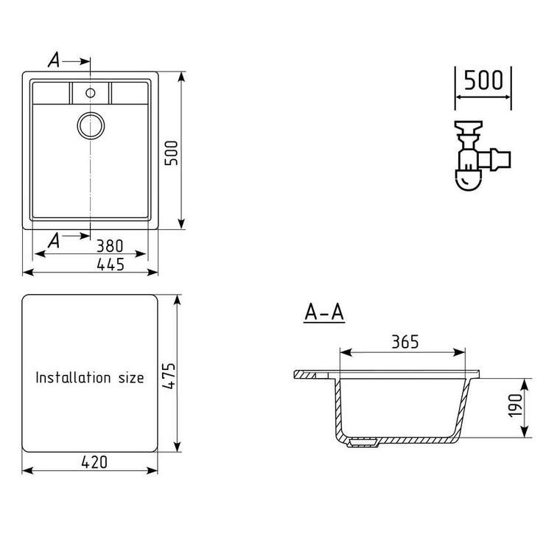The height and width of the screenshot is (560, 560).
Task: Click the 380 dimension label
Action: (x=110, y=245)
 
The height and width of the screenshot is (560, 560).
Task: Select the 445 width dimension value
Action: (x=111, y=265)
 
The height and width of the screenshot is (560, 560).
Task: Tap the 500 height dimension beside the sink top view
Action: (x=171, y=153)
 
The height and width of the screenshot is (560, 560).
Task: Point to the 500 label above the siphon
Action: (x=483, y=80)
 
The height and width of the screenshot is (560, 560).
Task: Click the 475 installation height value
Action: (x=168, y=376)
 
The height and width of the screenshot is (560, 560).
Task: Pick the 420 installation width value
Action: (x=94, y=462)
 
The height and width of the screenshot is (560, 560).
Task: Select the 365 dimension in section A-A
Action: (x=405, y=342)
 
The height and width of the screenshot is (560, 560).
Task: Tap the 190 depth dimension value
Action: (x=515, y=405)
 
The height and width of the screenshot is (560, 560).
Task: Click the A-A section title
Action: (x=324, y=312)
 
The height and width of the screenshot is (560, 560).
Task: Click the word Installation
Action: (x=73, y=377)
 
